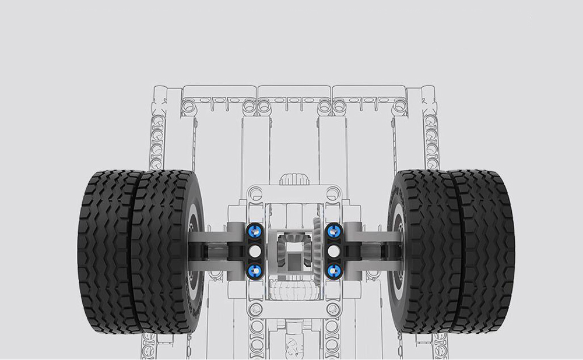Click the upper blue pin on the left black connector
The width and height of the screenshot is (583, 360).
(x=255, y=230)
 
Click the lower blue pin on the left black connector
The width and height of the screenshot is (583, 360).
(x=255, y=270)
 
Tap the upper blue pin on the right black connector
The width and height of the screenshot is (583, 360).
(x=333, y=230)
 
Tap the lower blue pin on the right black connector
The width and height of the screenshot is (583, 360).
(x=333, y=270)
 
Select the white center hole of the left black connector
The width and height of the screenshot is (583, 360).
(x=255, y=250)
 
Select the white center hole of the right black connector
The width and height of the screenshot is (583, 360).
(x=333, y=250)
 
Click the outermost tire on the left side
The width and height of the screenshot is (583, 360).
(x=105, y=250)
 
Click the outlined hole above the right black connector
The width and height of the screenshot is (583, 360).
(x=333, y=190)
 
